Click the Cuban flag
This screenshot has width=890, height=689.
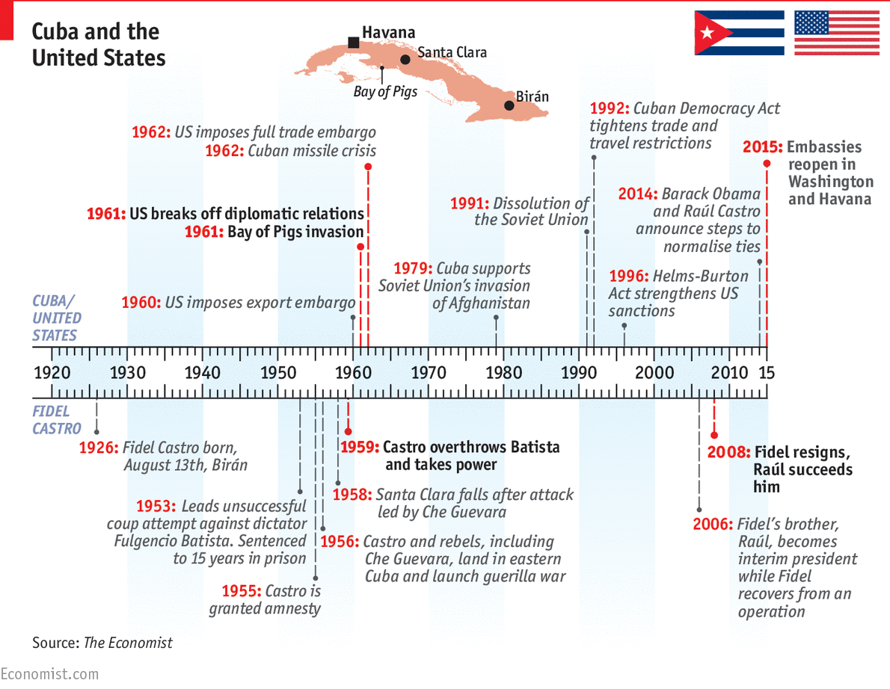(739, 33)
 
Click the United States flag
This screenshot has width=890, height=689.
(837, 33)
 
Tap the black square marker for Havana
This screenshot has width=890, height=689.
(354, 43)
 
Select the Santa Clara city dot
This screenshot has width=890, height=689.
(405, 59)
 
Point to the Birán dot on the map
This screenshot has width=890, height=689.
(509, 105)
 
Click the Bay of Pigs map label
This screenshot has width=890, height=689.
(385, 92)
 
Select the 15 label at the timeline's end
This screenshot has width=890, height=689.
(767, 373)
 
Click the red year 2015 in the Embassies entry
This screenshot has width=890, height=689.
(762, 147)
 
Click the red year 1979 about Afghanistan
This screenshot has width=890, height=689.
(414, 268)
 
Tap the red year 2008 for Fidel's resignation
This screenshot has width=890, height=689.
(728, 453)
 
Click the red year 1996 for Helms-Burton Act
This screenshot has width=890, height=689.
(628, 276)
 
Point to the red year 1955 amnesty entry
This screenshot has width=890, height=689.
(241, 591)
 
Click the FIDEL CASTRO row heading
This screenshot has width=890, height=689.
(56, 420)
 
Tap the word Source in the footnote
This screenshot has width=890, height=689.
(55, 643)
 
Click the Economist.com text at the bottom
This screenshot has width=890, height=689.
(49, 674)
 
